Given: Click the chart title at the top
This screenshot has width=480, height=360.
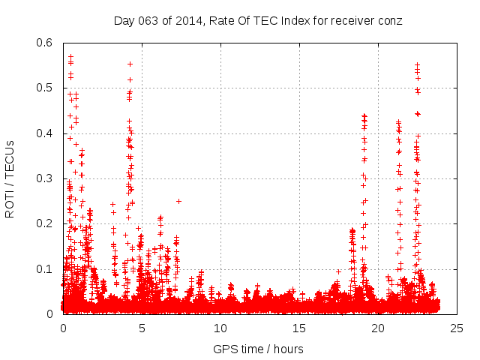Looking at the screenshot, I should click(258, 21).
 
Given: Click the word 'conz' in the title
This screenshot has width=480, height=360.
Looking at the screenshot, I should click(389, 21).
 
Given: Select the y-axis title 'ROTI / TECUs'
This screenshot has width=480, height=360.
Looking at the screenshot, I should click(10, 178).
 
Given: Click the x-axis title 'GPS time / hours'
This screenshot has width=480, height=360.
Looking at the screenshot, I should click(258, 349).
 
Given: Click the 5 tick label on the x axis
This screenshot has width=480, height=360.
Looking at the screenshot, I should click(142, 328).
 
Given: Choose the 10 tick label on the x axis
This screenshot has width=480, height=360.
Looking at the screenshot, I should click(220, 328).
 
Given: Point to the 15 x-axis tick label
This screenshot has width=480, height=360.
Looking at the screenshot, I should click(299, 328).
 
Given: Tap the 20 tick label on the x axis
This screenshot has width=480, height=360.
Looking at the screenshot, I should click(378, 328).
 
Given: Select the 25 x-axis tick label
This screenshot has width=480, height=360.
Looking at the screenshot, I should click(456, 328).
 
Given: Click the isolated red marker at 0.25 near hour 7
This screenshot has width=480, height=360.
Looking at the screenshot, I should click(178, 201).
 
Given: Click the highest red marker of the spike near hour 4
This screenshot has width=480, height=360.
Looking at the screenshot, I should click(130, 64).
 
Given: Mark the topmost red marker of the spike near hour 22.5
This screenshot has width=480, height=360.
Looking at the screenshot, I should click(417, 64).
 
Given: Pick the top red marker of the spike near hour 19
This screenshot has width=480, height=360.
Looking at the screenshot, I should click(364, 115).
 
